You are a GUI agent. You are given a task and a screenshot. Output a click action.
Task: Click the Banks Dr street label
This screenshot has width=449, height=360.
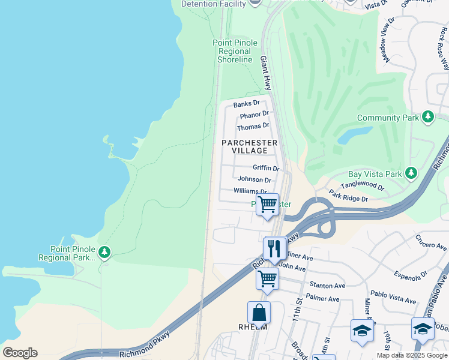246,104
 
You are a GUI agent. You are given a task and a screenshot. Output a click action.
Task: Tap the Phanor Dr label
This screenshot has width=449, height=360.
254,115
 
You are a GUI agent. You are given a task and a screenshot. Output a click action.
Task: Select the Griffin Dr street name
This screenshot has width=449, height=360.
266,168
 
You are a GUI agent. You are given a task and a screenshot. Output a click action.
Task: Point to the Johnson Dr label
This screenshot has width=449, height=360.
255,179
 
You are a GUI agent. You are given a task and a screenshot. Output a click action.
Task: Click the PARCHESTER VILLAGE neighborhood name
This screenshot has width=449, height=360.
250,146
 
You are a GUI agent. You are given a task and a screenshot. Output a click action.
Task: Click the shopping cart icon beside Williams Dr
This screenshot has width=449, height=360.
267,205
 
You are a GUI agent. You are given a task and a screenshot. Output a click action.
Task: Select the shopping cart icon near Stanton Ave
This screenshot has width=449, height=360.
267,278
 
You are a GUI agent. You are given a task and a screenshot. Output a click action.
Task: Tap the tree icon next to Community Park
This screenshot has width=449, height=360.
428,117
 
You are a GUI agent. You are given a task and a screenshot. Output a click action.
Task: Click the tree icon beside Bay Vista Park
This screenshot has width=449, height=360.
411,173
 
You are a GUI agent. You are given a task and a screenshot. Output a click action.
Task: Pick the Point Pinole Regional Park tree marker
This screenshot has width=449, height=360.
104,251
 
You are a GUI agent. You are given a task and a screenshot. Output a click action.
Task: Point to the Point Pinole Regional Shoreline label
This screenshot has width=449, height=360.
235,51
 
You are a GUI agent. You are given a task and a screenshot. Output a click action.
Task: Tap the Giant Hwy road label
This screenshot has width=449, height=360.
265,73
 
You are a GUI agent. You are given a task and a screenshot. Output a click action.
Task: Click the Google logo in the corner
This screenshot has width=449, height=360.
20,353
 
